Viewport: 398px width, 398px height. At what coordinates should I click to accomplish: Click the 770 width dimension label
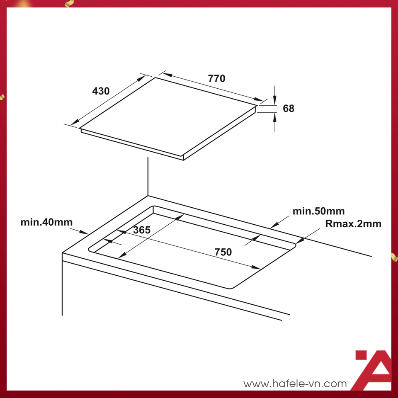point(216,78)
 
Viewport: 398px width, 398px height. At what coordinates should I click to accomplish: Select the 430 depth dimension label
point(101,91)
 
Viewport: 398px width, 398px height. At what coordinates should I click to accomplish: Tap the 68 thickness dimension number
point(289,108)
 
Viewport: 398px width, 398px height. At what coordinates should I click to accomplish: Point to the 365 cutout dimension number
point(142,230)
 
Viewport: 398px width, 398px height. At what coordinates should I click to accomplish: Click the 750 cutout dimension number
point(223,252)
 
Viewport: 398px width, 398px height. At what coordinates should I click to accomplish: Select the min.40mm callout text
point(47,222)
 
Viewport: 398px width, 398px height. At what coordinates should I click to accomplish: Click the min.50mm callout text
point(318,211)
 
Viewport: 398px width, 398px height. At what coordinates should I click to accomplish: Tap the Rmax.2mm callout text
point(353,223)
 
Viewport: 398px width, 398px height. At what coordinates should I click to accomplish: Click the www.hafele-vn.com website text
point(295,383)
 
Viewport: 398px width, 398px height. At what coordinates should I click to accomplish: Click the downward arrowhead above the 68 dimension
point(274,100)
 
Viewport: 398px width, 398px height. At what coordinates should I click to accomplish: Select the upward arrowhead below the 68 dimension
point(274,117)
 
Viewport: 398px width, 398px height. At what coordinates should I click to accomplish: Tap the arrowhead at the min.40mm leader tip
point(84,232)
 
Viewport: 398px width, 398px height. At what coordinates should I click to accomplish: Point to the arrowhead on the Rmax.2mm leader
point(300,240)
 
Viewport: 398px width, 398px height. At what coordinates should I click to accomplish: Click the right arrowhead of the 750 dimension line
point(256,267)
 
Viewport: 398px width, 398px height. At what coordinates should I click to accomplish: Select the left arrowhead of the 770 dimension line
point(167,75)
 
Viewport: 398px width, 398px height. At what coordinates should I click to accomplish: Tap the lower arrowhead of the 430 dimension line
point(75,122)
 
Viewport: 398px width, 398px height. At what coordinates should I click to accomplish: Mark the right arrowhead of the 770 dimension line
point(259,99)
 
